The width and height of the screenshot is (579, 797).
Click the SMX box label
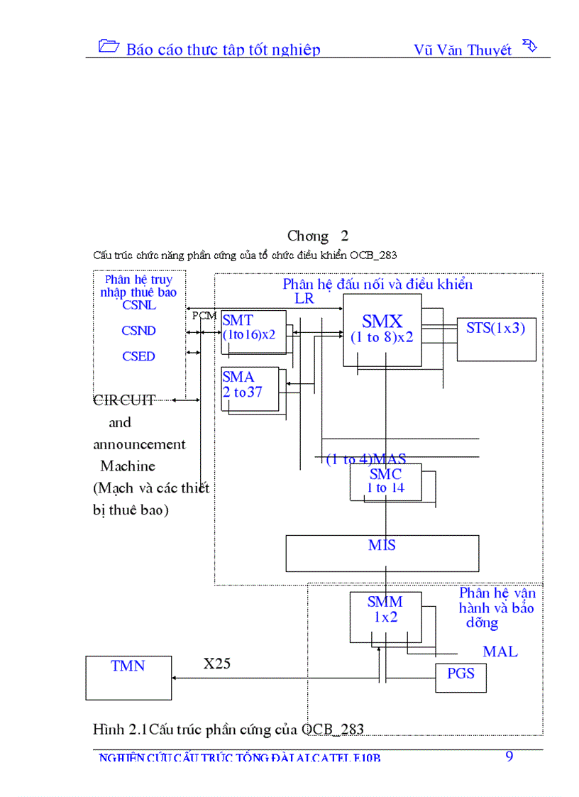382,322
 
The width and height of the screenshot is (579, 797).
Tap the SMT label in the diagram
238,321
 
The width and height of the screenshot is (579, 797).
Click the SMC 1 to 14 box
385,481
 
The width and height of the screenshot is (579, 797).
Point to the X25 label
217,664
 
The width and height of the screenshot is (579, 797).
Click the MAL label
500,651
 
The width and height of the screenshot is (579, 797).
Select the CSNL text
139,305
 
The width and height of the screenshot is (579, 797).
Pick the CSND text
138,331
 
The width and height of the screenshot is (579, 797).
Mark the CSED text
138,356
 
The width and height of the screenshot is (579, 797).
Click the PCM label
204,315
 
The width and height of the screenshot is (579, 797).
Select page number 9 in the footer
509,756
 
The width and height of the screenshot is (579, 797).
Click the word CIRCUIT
124,400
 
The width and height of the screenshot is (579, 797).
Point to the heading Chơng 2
317,236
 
